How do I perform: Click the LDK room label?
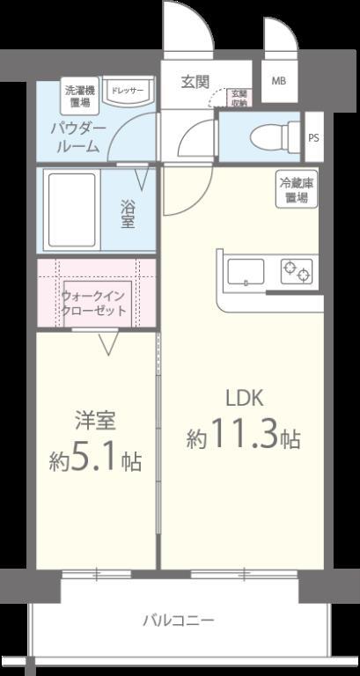click(245, 396)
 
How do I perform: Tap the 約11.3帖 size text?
click(243, 435)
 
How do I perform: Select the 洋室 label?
click(94, 421)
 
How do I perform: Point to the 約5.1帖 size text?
click(95, 459)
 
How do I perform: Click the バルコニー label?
click(179, 621)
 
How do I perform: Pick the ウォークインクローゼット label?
click(95, 304)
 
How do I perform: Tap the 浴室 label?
click(129, 214)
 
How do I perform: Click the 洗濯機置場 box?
click(79, 95)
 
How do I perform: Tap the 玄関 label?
click(195, 82)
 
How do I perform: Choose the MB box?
click(278, 81)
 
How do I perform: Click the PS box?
click(313, 136)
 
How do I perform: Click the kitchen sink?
click(246, 273)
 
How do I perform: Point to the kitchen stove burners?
click(297, 273)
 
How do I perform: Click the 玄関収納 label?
click(238, 98)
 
